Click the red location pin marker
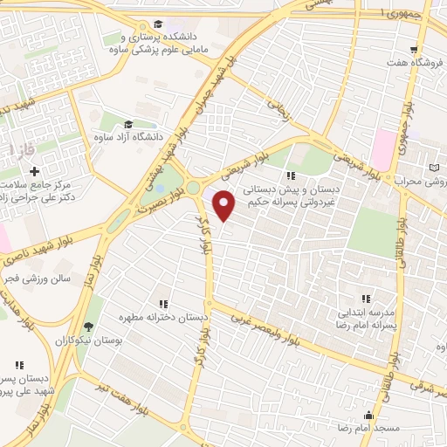click(225, 206)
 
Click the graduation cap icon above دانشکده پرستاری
click(158, 24)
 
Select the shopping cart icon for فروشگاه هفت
click(416, 50)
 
